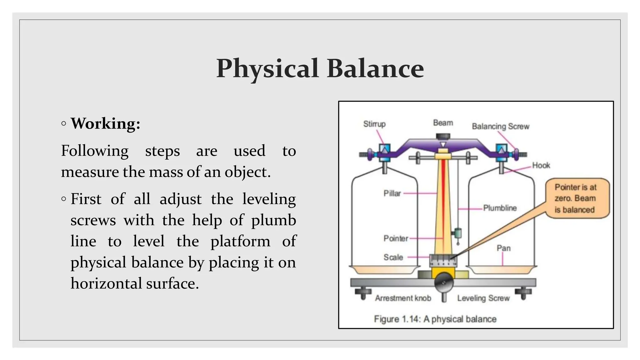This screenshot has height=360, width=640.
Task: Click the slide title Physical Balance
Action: pos(320,69)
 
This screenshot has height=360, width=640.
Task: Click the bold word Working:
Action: pos(106,124)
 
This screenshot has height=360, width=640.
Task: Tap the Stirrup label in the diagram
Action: pos(374,124)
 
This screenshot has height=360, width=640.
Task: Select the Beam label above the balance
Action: pos(443,123)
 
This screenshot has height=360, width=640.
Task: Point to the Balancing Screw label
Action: pos(501,126)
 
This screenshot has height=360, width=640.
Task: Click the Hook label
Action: pos(541,165)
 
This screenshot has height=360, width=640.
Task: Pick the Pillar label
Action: pos(392,193)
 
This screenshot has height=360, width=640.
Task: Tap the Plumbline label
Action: pos(500,208)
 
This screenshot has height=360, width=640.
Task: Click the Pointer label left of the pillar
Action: pos(396,238)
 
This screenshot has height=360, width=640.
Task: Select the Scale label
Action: pos(393,257)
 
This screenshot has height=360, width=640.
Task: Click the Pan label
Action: pos(503,248)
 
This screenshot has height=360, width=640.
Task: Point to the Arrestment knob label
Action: pos(403,298)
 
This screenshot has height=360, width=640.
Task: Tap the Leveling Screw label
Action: pos(483,298)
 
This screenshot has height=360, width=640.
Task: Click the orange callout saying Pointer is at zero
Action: pos(577,198)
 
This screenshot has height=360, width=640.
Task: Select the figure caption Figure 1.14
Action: pos(435,319)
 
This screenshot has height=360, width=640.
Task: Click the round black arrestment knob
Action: pos(444,282)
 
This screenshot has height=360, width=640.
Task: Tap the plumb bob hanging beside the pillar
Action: pos(458,234)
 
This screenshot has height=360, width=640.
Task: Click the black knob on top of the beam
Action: pos(443,137)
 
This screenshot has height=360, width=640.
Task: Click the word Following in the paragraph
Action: pos(95,151)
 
